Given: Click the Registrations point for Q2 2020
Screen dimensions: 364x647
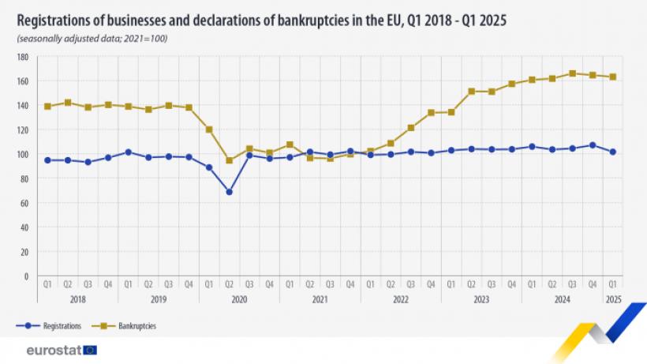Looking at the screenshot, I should pos(229,192).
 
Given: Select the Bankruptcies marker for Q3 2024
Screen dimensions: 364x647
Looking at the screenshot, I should pos(573,73).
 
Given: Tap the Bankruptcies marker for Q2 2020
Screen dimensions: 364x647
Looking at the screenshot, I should pos(229,160).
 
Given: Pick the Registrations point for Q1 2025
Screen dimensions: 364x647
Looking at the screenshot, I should pos(613,152).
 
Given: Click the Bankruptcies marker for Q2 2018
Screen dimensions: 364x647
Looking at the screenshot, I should pos(68,103).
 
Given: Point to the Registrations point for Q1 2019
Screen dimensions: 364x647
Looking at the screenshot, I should pos(128,152).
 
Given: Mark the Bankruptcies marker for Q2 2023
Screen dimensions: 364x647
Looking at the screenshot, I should pos(471,92).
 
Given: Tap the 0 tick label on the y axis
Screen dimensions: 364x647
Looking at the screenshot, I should pos(26,276).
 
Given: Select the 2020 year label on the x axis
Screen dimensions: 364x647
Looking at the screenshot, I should pos(239,300).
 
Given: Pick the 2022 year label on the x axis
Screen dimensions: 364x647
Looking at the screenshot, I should pos(401,300).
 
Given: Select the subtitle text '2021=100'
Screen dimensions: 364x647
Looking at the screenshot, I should pos(148,38).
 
